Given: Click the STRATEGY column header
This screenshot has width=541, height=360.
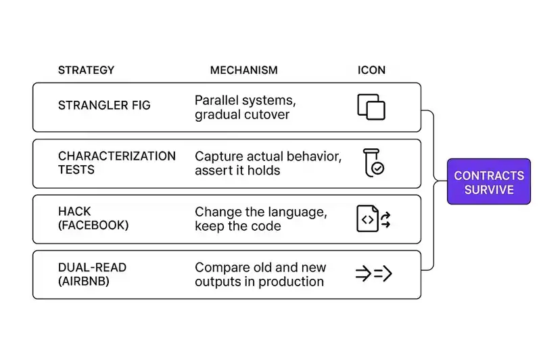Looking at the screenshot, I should coord(86,70).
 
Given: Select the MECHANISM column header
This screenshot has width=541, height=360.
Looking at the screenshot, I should coord(243,70).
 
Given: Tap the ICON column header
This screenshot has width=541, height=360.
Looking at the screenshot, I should coord(371,70).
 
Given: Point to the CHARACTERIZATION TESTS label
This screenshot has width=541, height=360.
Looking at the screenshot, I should coord(116,163).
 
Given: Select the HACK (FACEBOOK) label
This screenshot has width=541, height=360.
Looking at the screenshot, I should coord(93,219).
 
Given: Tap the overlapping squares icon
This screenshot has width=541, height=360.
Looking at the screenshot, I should coord(371,107).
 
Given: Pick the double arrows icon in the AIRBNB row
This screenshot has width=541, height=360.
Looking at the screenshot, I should coord(373,274).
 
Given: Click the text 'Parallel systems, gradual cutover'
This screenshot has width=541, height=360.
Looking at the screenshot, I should coord(245,107).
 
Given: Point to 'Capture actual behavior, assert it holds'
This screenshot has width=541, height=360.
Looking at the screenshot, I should coord(268,163).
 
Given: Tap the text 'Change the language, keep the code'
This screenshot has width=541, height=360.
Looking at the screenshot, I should coord(260,219).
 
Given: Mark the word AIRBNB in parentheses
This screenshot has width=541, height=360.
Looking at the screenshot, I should coord(87,281).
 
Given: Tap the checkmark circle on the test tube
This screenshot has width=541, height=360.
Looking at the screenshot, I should coord(378,169).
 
